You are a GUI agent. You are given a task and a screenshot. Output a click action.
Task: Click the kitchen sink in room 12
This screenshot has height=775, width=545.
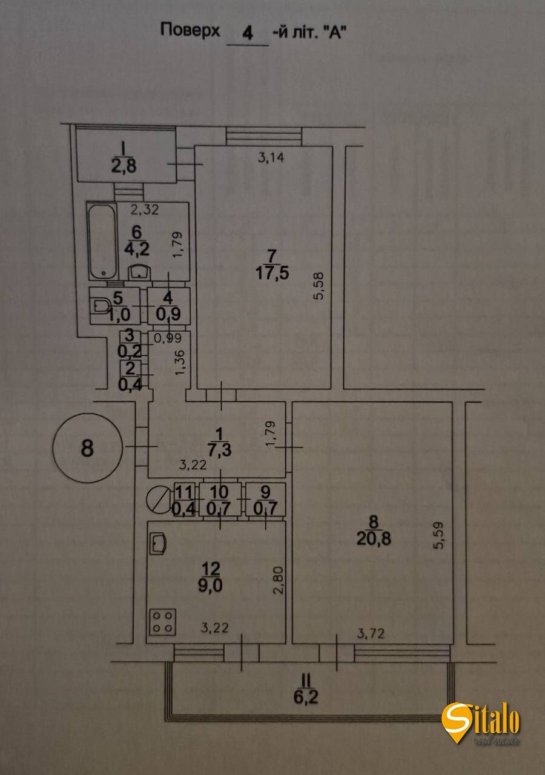(x=159, y=542)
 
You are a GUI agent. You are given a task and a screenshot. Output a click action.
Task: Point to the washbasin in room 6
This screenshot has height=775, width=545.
(x=140, y=271)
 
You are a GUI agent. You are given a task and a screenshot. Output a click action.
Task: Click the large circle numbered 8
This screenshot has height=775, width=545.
(x=88, y=448)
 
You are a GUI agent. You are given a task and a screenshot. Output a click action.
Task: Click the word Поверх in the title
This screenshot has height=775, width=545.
(x=190, y=30)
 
